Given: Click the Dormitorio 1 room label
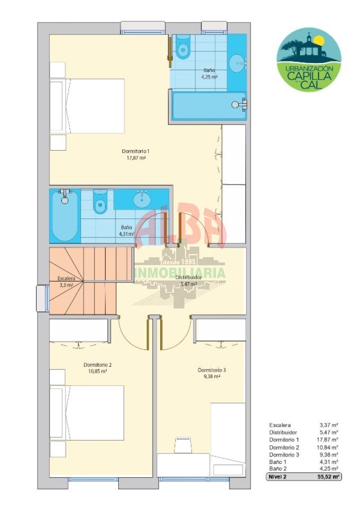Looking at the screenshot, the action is pyautogui.click(x=135, y=151).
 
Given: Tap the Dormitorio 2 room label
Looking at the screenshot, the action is pyautogui.click(x=98, y=365).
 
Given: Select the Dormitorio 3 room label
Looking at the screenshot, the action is pyautogui.click(x=212, y=370).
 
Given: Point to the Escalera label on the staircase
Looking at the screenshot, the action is pyautogui.click(x=66, y=278).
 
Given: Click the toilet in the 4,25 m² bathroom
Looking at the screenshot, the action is pyautogui.click(x=183, y=47).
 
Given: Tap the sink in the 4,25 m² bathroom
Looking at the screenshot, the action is pyautogui.click(x=238, y=62).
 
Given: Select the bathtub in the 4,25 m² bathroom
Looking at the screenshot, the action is pyautogui.click(x=209, y=106).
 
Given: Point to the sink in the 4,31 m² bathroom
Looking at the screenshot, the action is pyautogui.click(x=142, y=199).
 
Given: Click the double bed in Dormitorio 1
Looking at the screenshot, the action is pyautogui.click(x=87, y=106).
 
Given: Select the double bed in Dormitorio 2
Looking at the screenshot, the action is pyautogui.click(x=87, y=413).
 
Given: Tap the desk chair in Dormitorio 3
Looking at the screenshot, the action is pyautogui.click(x=183, y=445).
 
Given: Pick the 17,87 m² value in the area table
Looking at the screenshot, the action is pyautogui.click(x=328, y=440).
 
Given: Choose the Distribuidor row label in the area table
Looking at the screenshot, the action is pyautogui.click(x=283, y=433).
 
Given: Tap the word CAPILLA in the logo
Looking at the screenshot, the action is pyautogui.click(x=309, y=76).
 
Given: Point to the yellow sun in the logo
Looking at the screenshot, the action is pyautogui.click(x=320, y=41).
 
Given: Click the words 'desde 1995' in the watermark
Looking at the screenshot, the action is pyautogui.click(x=180, y=261).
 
